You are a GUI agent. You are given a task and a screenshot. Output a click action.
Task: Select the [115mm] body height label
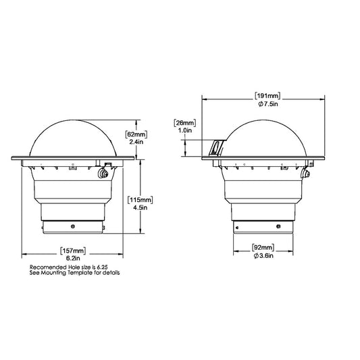point(143,201)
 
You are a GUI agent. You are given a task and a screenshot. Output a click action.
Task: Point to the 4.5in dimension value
point(143,209)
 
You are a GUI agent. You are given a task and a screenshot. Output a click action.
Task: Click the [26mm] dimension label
point(184,122)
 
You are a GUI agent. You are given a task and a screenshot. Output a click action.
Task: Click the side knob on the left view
point(103,174)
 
